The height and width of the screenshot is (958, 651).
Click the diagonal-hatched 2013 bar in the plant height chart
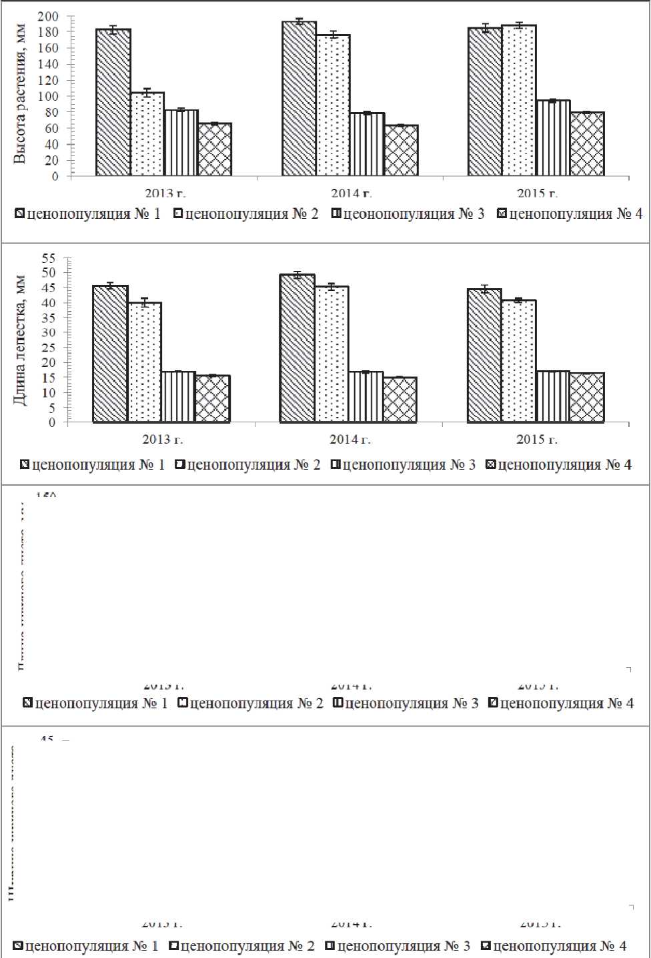(x=113, y=103)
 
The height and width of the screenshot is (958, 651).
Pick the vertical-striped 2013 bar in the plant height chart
(x=181, y=143)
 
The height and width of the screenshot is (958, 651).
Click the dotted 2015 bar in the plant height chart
(x=519, y=101)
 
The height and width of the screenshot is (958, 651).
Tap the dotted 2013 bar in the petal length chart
(x=145, y=362)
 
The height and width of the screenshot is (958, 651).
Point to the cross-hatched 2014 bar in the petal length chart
(x=400, y=400)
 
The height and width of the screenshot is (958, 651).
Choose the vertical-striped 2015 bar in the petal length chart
(x=553, y=396)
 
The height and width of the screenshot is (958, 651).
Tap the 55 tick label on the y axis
(x=49, y=258)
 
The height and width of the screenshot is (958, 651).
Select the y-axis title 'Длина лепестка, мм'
(x=20, y=340)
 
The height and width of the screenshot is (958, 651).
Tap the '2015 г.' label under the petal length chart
(x=537, y=440)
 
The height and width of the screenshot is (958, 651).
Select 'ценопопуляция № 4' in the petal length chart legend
(x=564, y=465)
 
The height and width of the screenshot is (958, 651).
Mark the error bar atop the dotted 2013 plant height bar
(x=147, y=92)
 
